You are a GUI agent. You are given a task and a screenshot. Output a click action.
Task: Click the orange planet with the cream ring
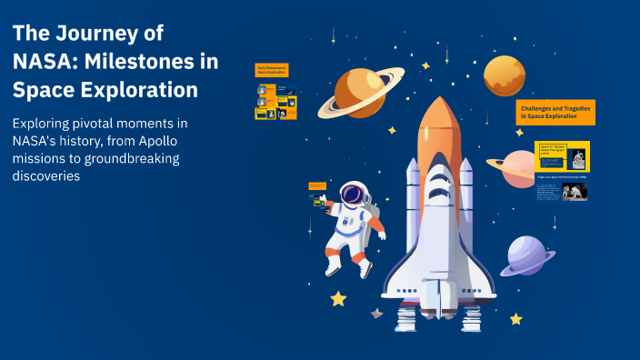click(x=360, y=89)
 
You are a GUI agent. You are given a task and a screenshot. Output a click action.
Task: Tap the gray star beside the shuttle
click(x=376, y=314)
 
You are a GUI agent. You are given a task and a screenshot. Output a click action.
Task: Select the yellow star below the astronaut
click(x=338, y=298)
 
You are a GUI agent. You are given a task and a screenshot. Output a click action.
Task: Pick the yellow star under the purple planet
click(x=515, y=319)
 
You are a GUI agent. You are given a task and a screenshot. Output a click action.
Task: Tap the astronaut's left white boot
click(x=333, y=267)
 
